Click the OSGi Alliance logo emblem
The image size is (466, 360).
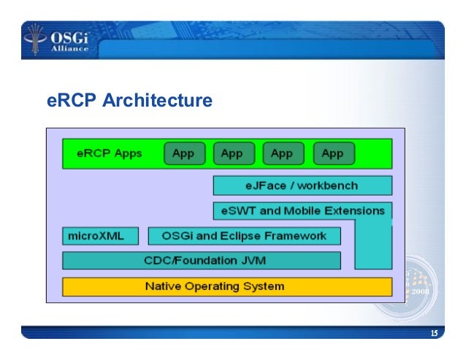coord(34,39)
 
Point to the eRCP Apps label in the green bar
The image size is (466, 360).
coord(110,153)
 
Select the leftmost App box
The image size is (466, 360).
coord(183,153)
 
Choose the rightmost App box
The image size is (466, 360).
coord(332,153)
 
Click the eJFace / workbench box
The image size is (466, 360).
coord(302,185)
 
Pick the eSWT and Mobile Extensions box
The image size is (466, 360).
coord(302,211)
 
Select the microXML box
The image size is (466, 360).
coord(92,236)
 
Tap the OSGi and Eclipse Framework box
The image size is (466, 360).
coord(245,236)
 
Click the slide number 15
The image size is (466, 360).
coord(434,334)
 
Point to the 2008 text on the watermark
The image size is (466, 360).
coord(422,291)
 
